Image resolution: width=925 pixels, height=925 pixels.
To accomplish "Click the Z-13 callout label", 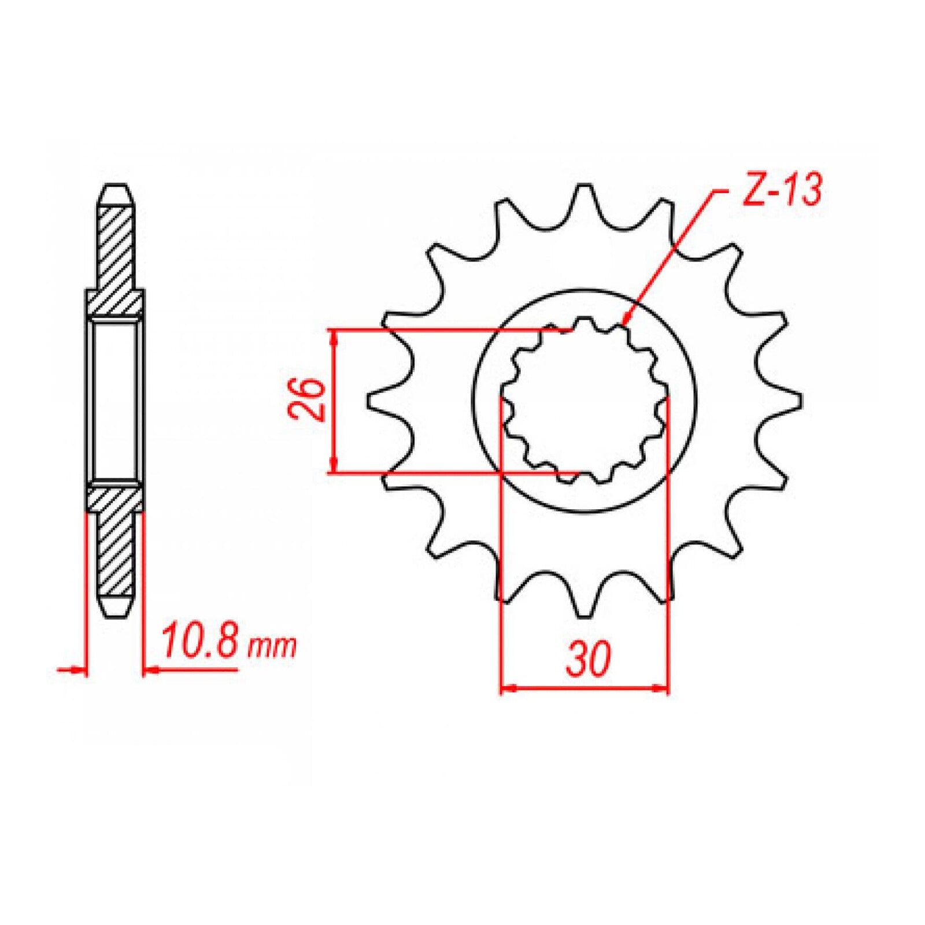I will coord(780,190).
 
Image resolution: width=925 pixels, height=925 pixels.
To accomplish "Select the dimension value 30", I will coord(587,660).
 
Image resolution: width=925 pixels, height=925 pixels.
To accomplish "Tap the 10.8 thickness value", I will coord(199,642).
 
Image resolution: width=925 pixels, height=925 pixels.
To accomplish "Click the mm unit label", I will coord(271,647).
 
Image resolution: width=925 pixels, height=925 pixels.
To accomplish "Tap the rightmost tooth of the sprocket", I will coord(792,399).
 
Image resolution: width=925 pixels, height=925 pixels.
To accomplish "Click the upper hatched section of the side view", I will coord(115,249).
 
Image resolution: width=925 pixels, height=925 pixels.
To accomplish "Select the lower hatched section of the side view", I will coord(115,549).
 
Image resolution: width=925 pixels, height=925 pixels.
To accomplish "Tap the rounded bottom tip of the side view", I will coord(115,613).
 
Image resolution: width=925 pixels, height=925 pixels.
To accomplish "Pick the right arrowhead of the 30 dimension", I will coord(661,688).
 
